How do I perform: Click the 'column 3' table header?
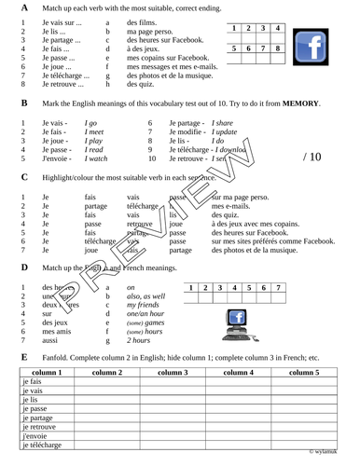click(x=173, y=372)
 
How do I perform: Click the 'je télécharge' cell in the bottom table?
click(x=42, y=446)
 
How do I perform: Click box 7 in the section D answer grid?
click(x=278, y=302)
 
